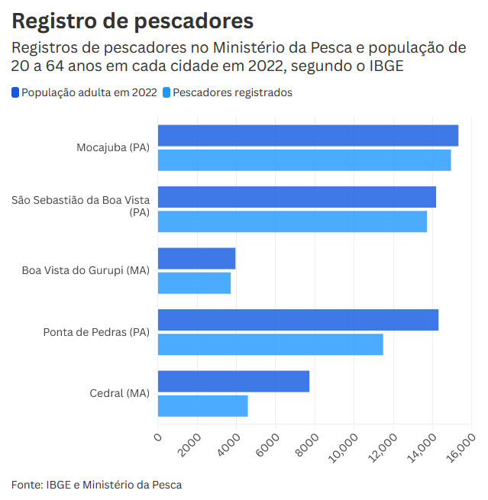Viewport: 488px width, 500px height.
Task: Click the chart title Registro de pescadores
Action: pyautogui.click(x=132, y=21)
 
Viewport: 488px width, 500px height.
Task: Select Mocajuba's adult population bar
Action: pyautogui.click(x=308, y=136)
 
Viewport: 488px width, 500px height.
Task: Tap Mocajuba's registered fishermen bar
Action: pyautogui.click(x=304, y=160)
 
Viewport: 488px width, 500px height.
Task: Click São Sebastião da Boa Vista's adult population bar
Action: pyautogui.click(x=296, y=197)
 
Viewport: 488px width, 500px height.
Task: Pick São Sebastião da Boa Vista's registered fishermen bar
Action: pyautogui.click(x=292, y=221)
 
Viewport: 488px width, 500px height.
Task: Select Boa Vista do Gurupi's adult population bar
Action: pyautogui.click(x=196, y=258)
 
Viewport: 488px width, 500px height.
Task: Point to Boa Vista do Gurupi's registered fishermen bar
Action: pyautogui.click(x=194, y=283)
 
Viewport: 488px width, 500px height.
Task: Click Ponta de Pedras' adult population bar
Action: pyautogui.click(x=298, y=320)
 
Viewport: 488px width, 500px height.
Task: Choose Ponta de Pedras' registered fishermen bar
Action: pyautogui.click(x=270, y=344)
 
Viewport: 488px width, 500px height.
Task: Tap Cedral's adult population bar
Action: pyautogui.click(x=233, y=381)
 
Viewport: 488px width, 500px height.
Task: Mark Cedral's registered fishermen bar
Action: pyautogui.click(x=202, y=405)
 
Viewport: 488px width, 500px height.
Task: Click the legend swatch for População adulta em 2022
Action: pyautogui.click(x=15, y=92)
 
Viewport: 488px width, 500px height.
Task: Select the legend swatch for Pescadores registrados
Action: pyautogui.click(x=166, y=92)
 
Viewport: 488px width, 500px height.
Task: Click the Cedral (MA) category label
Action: pyautogui.click(x=119, y=393)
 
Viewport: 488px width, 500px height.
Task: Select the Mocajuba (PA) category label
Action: pyautogui.click(x=113, y=147)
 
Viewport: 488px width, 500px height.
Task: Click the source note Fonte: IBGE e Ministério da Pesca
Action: pyautogui.click(x=96, y=484)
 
